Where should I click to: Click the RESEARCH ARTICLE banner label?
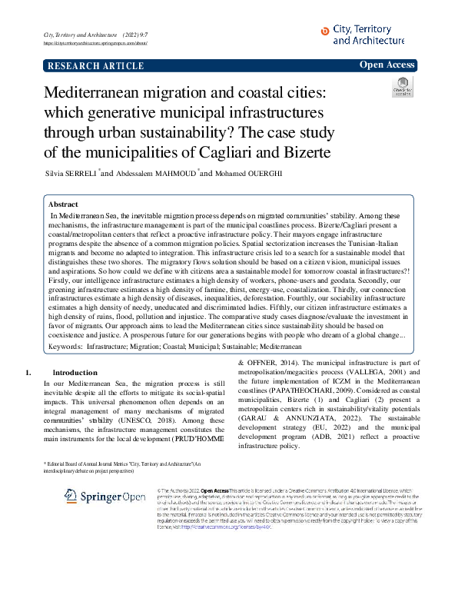[x=96, y=66]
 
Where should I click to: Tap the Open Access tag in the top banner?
[x=387, y=65]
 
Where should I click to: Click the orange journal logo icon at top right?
[x=324, y=30]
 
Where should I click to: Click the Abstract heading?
[x=63, y=205]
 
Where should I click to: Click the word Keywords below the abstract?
[x=65, y=347]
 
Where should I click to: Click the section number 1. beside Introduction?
[x=28, y=373]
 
